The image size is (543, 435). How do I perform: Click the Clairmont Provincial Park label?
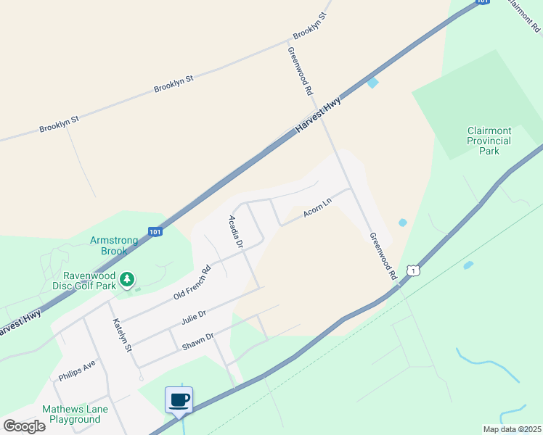click(489, 141)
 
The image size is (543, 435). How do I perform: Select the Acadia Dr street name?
click(234, 232)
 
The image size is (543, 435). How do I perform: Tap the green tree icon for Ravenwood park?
click(127, 279)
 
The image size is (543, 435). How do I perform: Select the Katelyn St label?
click(121, 336)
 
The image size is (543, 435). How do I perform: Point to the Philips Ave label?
click(77, 370)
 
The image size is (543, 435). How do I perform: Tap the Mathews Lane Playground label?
click(75, 414)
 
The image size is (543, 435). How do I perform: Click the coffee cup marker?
click(179, 399)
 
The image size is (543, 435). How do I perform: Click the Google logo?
click(24, 426)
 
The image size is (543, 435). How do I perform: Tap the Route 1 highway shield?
click(413, 270)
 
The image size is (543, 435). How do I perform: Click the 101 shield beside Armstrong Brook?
click(155, 232)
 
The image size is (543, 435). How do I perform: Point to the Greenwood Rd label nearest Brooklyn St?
click(299, 72)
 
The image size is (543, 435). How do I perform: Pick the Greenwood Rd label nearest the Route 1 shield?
click(382, 257)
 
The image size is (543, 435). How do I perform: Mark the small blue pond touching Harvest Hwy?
click(372, 83)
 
